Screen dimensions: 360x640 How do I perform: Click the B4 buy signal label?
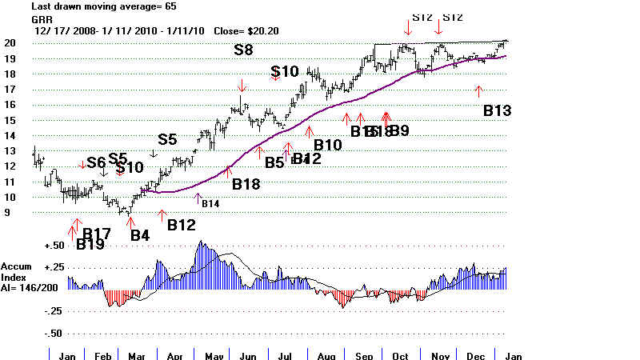point(140,236)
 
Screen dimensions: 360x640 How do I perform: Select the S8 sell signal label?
point(245,50)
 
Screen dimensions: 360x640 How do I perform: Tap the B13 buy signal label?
point(497,111)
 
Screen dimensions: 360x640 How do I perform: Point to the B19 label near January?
point(90,245)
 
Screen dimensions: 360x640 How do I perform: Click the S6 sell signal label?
point(97,162)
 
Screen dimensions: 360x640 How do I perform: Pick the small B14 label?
point(210,204)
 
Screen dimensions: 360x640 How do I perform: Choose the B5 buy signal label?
point(274,162)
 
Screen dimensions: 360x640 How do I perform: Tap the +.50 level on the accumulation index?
point(54,246)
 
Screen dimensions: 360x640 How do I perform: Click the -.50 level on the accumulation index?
point(54,332)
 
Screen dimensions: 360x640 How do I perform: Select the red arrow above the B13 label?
point(479,90)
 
